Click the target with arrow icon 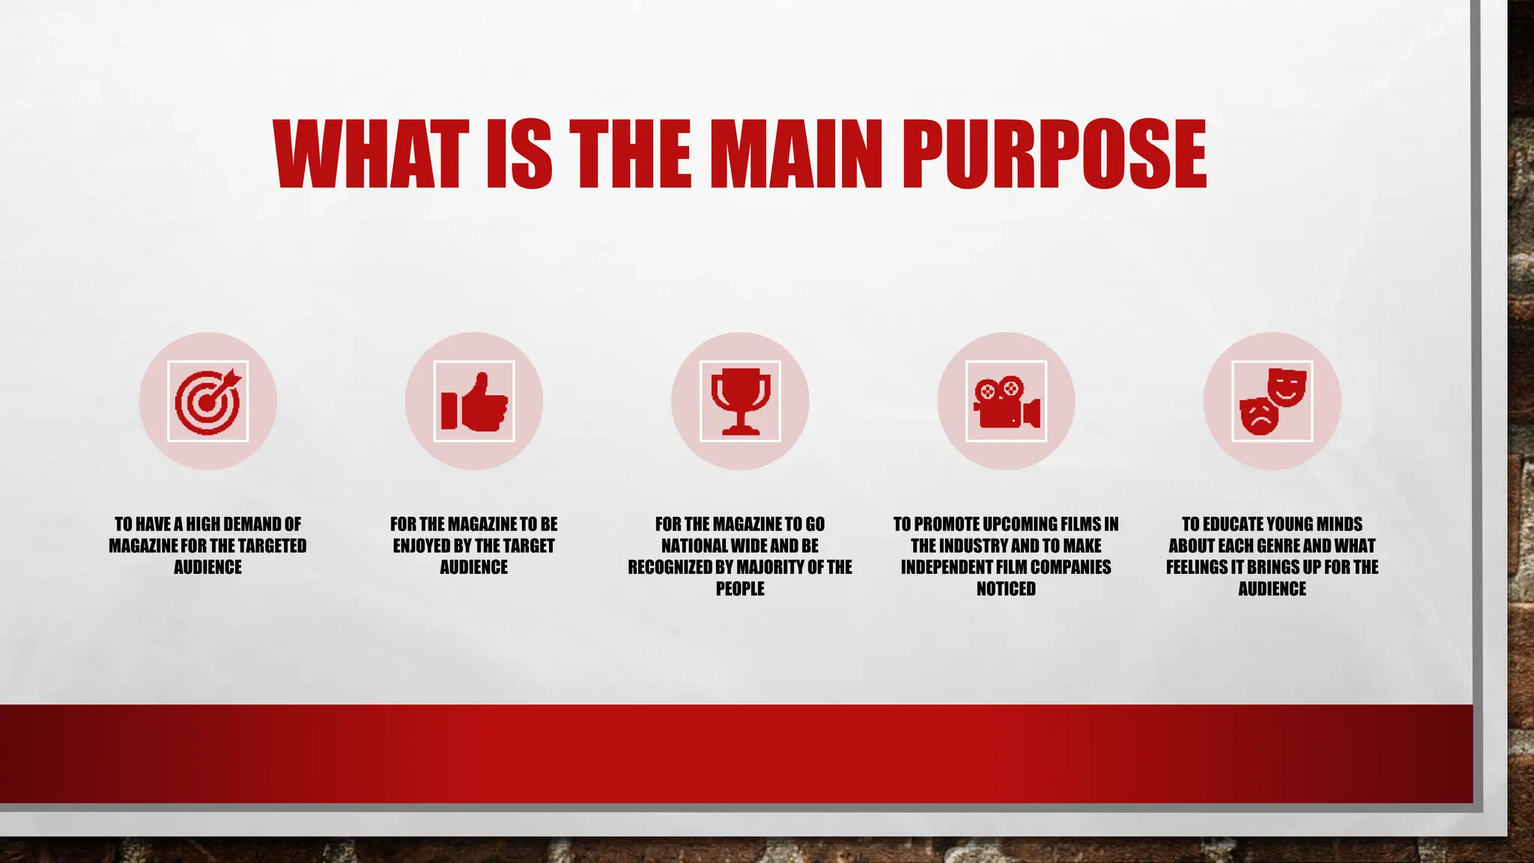tap(207, 402)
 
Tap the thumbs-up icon tap(474, 402)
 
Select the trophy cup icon tap(740, 402)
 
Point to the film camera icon tap(1006, 402)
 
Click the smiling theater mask tap(1287, 387)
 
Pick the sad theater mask tap(1260, 417)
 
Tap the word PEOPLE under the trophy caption tap(740, 589)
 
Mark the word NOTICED tap(1006, 589)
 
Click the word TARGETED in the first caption tap(272, 546)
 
